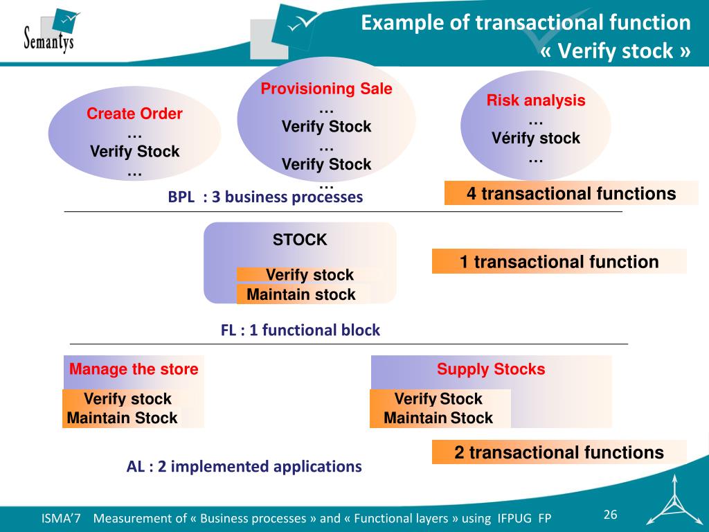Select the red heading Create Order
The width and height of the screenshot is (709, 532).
pos(134,114)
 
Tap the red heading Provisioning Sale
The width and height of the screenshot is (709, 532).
pos(326,89)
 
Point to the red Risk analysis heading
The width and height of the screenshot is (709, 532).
pos(536,100)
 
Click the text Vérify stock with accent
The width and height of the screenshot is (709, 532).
pos(536,139)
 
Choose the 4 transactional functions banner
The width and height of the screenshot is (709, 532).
pos(571,194)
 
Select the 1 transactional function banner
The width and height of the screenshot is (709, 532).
pos(559,262)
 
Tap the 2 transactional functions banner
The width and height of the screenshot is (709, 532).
pos(559,453)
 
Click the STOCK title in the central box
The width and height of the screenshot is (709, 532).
pos(300,240)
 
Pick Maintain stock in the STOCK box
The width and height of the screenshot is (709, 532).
pos(301,295)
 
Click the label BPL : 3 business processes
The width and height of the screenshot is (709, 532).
pos(265,197)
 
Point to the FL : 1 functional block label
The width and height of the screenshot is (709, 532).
pos(300,330)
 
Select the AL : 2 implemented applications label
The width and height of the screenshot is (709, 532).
pos(244,467)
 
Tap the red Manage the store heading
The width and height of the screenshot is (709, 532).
pos(134,369)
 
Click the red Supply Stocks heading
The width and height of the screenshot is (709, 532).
pos(491,369)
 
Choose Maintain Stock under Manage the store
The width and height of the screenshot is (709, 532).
pos(123,418)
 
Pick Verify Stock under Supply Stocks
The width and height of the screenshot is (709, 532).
pos(438,399)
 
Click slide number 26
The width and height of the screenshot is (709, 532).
pos(610,514)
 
